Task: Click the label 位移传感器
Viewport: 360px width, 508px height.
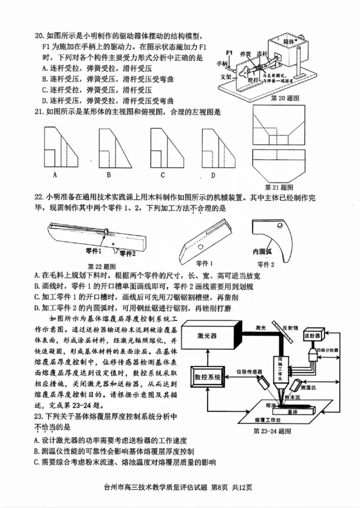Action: (249, 372)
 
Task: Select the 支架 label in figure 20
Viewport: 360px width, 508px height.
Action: (225, 76)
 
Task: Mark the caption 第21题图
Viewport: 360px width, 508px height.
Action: (279, 187)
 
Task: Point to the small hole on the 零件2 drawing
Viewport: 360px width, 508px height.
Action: (280, 225)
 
